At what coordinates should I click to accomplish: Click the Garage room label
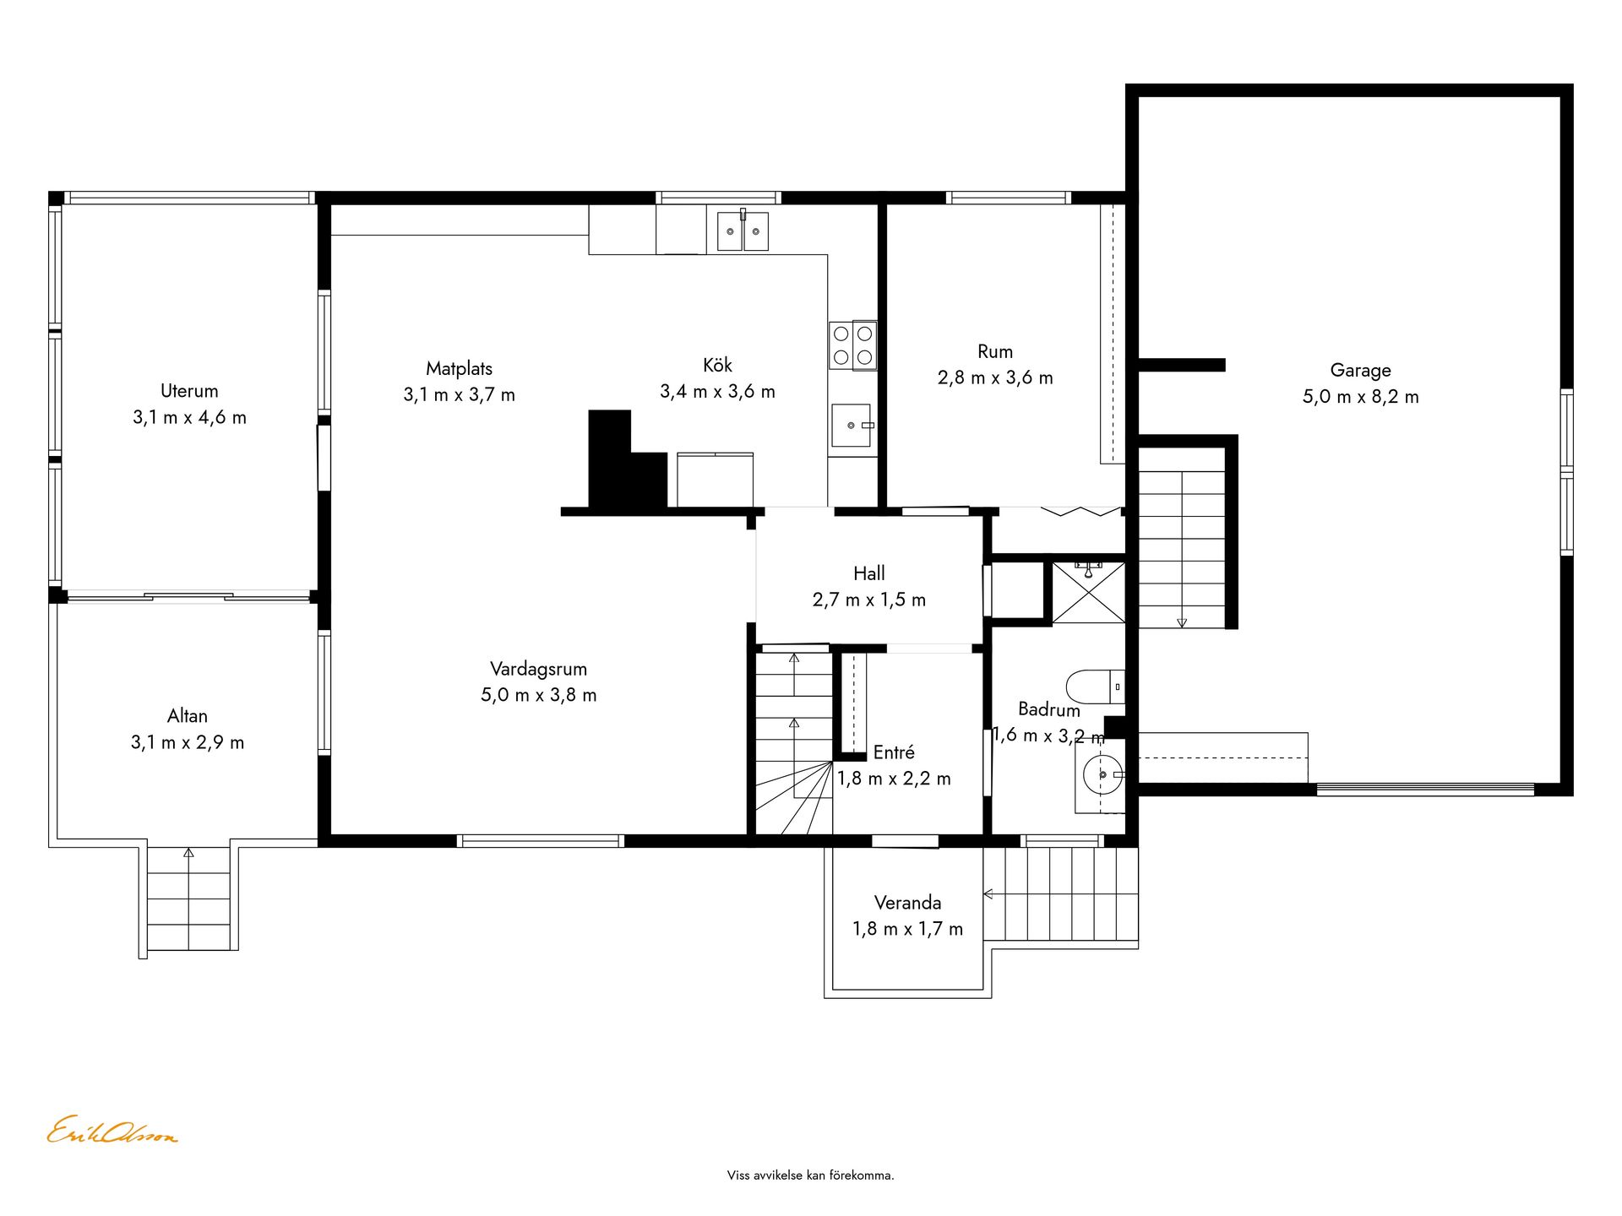1360,370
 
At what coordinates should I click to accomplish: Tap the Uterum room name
189,391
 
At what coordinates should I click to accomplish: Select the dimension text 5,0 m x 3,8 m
539,695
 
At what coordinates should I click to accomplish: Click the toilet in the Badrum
1096,687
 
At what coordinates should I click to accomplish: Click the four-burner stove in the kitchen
852,345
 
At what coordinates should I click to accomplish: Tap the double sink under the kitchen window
743,231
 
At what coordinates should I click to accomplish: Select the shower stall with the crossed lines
1089,592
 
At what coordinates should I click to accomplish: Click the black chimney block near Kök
626,460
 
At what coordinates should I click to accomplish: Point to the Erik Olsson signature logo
112,1131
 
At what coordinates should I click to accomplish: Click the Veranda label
907,903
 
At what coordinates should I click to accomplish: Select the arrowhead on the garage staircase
1182,623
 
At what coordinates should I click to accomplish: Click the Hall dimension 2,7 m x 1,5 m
869,600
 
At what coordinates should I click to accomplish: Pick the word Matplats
459,368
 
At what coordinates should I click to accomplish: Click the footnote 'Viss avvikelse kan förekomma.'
811,1175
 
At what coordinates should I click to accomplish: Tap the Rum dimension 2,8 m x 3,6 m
995,378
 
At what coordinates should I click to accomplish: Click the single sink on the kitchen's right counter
852,425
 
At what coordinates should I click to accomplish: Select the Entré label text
894,752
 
